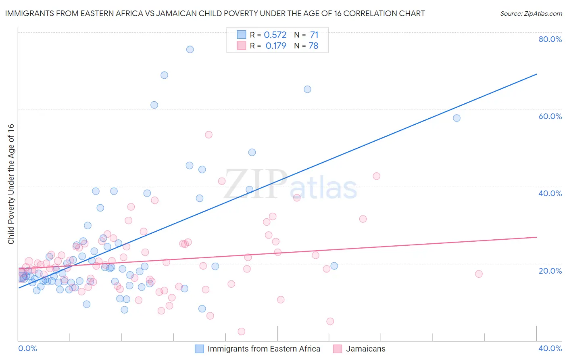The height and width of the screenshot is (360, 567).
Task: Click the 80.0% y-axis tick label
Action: pos(550,39)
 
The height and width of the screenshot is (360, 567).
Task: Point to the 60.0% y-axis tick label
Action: pos(550,116)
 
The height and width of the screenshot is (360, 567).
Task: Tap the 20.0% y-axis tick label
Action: pos(550,270)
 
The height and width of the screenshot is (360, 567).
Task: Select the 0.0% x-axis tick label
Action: pos(27,348)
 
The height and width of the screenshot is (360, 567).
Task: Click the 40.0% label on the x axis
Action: pos(550,348)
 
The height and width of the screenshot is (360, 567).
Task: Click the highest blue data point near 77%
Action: pos(190,49)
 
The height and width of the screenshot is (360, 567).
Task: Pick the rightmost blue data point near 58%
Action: pos(457,118)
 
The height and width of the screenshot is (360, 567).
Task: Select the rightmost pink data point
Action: pos(479,274)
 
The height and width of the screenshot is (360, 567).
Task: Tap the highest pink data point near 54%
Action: pos(208,135)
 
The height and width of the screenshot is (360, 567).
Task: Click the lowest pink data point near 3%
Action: pos(242,331)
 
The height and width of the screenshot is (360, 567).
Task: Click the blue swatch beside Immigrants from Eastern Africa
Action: pos(199,349)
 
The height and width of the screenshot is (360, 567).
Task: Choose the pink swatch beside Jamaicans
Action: pos(338,349)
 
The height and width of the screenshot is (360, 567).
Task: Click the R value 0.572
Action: pos(275,35)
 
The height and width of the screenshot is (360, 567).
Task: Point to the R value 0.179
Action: pos(276,46)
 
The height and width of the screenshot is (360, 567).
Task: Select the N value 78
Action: pos(313,46)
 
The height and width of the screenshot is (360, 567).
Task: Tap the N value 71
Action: pos(314,35)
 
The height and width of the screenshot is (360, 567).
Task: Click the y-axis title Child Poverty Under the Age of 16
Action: pos(11,184)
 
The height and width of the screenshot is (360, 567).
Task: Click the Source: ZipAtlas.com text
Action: pos(531,14)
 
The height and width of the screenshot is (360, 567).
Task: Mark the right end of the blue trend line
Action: pos(536,74)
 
